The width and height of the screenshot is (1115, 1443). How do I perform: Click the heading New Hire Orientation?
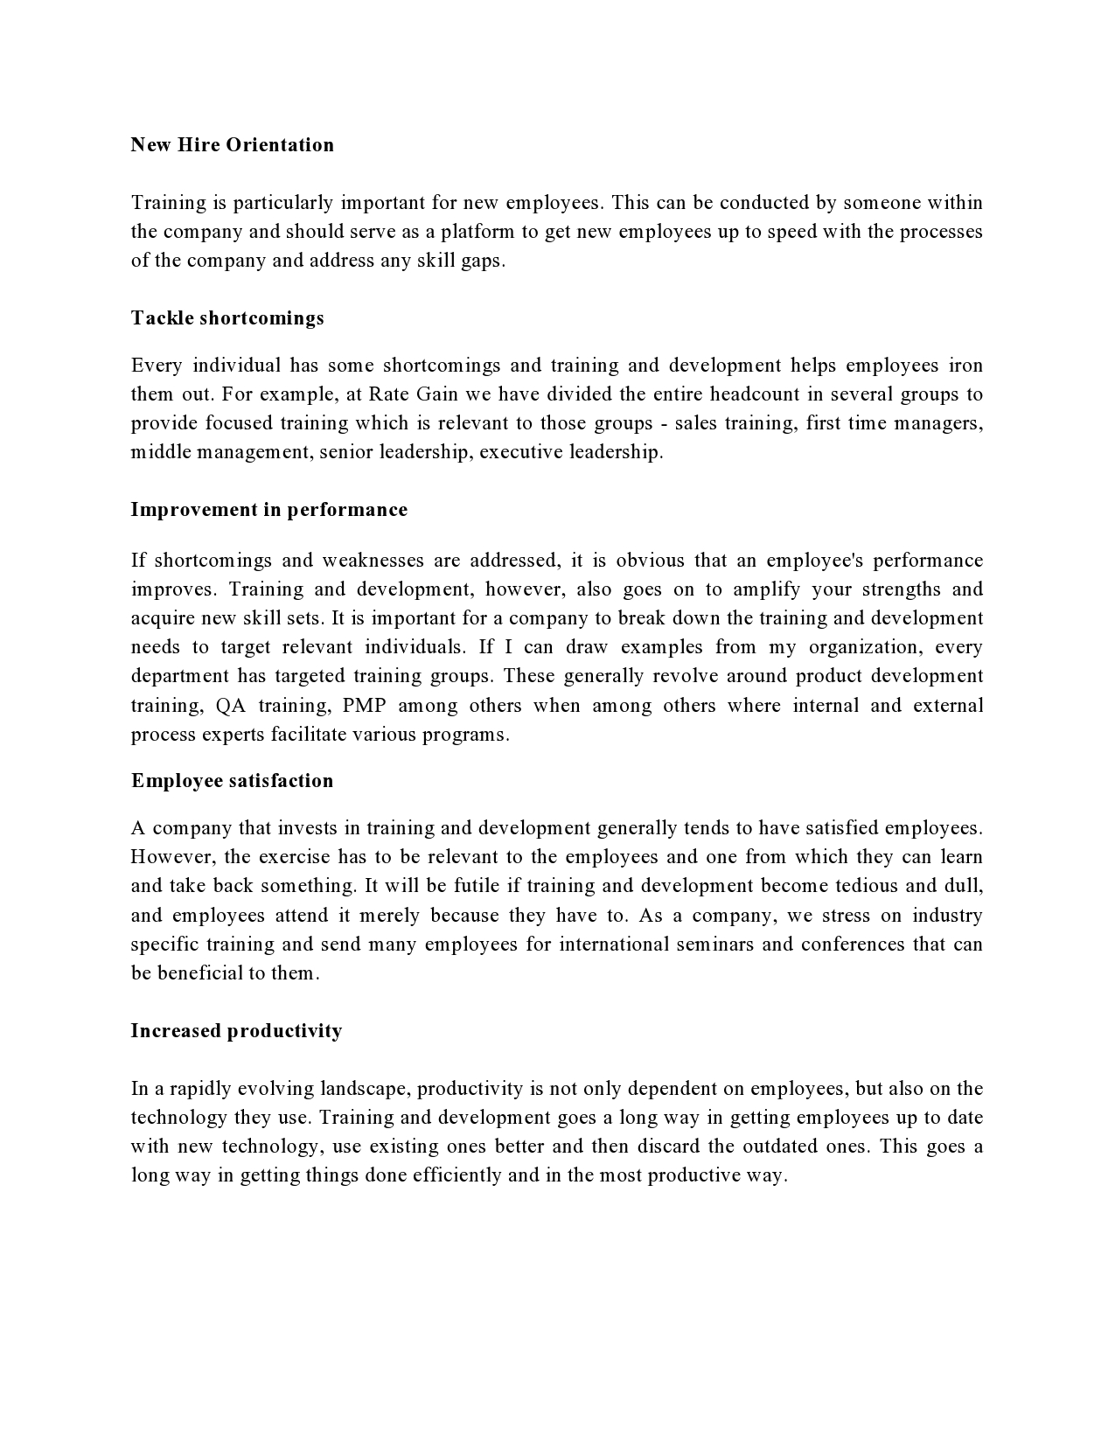click(232, 145)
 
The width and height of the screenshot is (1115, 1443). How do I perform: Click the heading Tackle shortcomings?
click(227, 318)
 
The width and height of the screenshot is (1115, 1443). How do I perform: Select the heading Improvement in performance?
click(268, 510)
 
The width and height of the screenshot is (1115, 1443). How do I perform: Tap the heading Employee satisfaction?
click(232, 781)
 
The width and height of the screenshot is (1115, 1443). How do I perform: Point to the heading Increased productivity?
click(236, 1031)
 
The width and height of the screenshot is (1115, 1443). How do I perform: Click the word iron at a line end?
click(966, 366)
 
